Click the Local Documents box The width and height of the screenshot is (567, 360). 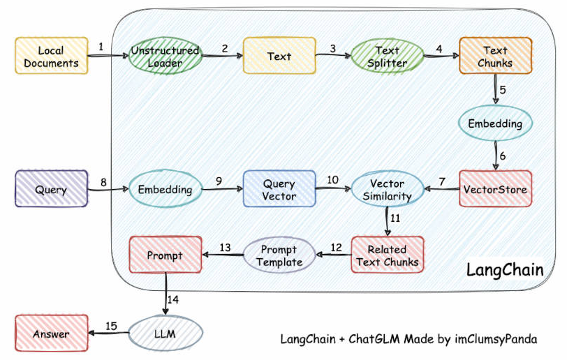pyautogui.click(x=52, y=56)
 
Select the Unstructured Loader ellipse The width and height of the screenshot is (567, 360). pyautogui.click(x=165, y=57)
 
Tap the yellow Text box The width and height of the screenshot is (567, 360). pyautogui.click(x=279, y=56)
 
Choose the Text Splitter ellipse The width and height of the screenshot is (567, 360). pyautogui.click(x=388, y=57)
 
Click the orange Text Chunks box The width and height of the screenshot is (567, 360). pyautogui.click(x=495, y=56)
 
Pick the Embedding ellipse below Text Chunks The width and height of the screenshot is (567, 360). pyautogui.click(x=495, y=123)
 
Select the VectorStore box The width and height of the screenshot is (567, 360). pyautogui.click(x=495, y=189)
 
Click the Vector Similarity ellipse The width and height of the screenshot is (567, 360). pyautogui.click(x=388, y=189)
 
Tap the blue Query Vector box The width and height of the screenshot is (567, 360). pyautogui.click(x=279, y=189)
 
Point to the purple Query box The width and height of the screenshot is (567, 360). pyautogui.click(x=52, y=189)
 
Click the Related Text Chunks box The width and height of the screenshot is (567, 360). pyautogui.click(x=388, y=255)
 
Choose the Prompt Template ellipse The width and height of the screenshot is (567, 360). pyautogui.click(x=279, y=255)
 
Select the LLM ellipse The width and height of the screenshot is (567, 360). pyautogui.click(x=165, y=333)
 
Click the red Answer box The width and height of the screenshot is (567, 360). pyautogui.click(x=52, y=333)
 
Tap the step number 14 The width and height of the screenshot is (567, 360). pyautogui.click(x=173, y=299)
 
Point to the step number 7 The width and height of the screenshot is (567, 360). pyautogui.click(x=442, y=181)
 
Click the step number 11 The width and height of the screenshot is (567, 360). pyautogui.click(x=395, y=218)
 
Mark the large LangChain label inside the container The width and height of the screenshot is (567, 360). pyautogui.click(x=505, y=270)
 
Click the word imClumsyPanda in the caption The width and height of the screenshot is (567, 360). pyautogui.click(x=496, y=339)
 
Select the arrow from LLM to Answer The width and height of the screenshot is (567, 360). pyautogui.click(x=109, y=333)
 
